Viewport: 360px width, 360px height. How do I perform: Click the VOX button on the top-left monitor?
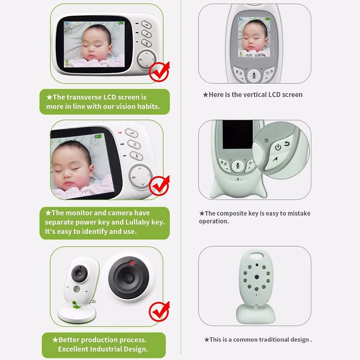146,24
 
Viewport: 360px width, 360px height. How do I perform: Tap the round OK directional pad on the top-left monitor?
147,59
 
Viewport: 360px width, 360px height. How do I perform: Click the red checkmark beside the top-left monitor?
159,71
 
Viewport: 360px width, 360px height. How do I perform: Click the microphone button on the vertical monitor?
254,76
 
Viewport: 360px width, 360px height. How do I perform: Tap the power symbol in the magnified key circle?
278,147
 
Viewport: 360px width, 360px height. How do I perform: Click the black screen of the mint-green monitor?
237,134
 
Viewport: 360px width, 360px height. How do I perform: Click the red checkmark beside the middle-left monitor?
159,185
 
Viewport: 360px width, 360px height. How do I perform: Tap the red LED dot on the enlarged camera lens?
132,263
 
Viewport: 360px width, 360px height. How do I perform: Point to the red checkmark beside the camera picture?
159,311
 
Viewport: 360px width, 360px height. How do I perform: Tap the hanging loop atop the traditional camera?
257,256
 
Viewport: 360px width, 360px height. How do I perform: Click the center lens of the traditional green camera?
256,277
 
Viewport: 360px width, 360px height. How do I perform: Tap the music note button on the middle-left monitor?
134,144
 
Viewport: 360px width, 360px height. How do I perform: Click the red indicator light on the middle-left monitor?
120,133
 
